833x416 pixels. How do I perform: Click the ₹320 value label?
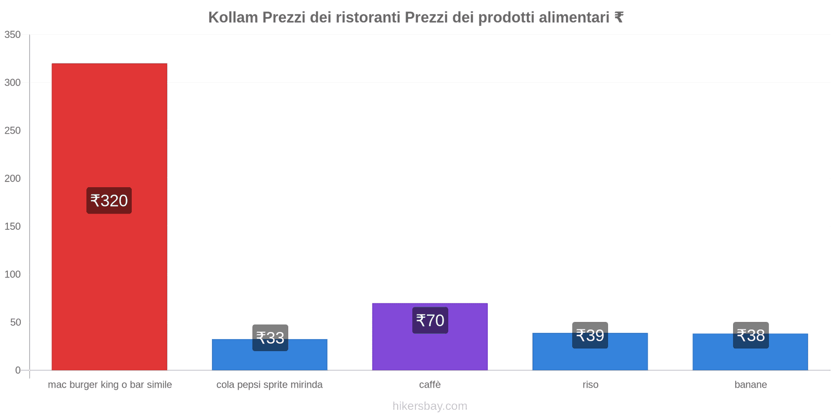click(109, 201)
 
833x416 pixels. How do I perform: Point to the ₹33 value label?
click(270, 338)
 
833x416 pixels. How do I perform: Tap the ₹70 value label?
click(430, 320)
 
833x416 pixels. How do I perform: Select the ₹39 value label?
click(590, 335)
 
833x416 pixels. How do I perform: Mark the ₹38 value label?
click(751, 335)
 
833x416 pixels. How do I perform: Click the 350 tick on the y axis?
click(12, 35)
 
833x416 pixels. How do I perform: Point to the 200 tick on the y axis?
click(12, 178)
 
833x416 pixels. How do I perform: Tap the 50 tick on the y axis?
click(15, 322)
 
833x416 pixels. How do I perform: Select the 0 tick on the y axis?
click(18, 370)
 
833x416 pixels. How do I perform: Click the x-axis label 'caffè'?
click(430, 385)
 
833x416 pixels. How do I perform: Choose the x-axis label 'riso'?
click(590, 385)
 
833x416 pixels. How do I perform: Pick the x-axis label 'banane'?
click(750, 385)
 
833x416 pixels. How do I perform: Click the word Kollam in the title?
click(233, 18)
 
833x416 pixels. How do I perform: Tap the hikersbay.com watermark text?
click(430, 406)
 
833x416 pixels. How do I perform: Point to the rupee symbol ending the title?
click(619, 18)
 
